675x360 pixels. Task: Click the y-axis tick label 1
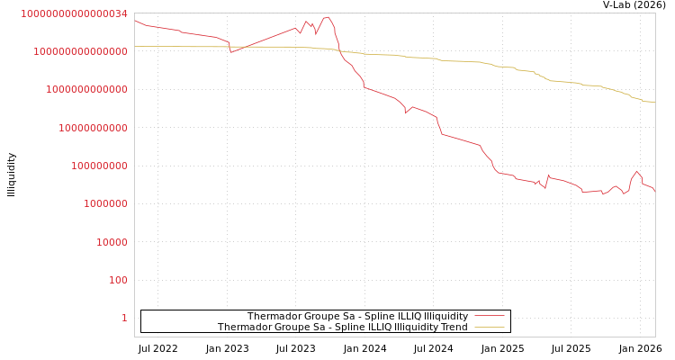click(124, 318)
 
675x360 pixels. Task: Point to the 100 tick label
click(119, 280)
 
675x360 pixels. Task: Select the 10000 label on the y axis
click(112, 242)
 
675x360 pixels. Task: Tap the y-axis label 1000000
click(106, 203)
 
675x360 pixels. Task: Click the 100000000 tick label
click(100, 166)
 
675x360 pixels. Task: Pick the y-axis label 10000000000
click(94, 128)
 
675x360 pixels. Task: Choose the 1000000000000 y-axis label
click(87, 90)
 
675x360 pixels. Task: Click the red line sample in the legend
click(490, 316)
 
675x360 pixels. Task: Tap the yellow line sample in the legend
click(490, 327)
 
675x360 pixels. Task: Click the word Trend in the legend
click(453, 327)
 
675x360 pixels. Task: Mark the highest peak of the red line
click(327, 16)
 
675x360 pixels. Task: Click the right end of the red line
click(655, 193)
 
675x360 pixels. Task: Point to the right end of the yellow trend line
click(655, 102)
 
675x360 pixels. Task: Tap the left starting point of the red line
click(135, 20)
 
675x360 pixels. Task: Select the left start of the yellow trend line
click(135, 46)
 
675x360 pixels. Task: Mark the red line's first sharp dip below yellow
click(231, 52)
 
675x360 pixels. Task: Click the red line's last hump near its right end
click(636, 171)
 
